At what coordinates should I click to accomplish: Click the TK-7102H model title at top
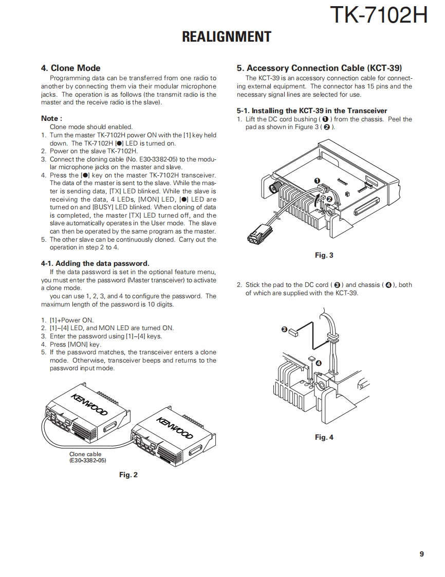pos(378,15)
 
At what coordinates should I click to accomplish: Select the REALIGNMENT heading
pos(227,37)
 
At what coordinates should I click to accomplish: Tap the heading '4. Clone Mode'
pos(70,68)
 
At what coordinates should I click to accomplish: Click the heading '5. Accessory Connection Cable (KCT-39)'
pos(319,68)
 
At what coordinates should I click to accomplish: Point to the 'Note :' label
pos(51,118)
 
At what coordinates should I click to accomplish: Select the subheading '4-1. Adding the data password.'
pos(95,263)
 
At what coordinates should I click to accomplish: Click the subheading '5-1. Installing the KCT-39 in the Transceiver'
pos(312,111)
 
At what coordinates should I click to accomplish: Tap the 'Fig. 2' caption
pos(128,475)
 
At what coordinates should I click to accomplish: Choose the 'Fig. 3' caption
pos(324,255)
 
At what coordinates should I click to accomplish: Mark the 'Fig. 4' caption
pos(324,437)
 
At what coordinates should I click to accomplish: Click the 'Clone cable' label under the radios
pos(85,454)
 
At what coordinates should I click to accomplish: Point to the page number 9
pos(421,554)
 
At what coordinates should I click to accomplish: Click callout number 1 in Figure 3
pos(317,181)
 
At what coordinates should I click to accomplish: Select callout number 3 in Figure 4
pos(284,329)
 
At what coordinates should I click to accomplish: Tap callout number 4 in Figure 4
pos(319,363)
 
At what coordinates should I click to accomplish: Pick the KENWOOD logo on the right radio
pos(175,428)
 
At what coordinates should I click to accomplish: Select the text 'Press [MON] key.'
pos(76,345)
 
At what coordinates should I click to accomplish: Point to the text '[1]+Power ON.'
pos(71,320)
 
